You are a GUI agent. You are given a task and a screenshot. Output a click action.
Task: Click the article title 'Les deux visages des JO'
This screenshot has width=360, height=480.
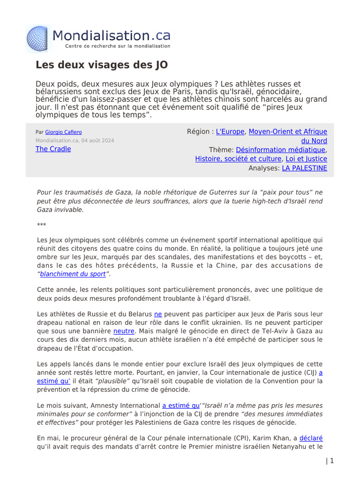pos(102,65)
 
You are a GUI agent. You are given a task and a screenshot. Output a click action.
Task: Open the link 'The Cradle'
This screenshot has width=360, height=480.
pos(53,149)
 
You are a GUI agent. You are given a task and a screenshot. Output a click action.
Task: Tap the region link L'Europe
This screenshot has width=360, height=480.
pos(230,132)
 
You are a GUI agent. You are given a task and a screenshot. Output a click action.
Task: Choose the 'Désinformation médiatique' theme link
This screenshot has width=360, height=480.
pos(280,150)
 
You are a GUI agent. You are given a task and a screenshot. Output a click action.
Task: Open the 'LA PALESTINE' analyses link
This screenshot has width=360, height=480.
pos(304,168)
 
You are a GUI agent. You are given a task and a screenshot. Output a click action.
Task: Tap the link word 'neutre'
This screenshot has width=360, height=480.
pos(124,331)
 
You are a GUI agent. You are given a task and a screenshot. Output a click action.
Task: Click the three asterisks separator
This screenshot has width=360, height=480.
pos(41,225)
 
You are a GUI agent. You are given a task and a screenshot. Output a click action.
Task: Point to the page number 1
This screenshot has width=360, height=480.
pos(332,461)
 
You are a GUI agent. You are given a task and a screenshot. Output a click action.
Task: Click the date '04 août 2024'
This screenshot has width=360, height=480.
pos(97,141)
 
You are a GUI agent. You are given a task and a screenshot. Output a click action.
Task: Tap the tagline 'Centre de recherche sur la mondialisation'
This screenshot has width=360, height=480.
pos(117,46)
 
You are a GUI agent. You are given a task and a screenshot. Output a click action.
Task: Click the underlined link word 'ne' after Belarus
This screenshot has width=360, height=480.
pos(158,314)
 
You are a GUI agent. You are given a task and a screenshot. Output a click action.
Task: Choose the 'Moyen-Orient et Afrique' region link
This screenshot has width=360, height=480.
pos(287,132)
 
